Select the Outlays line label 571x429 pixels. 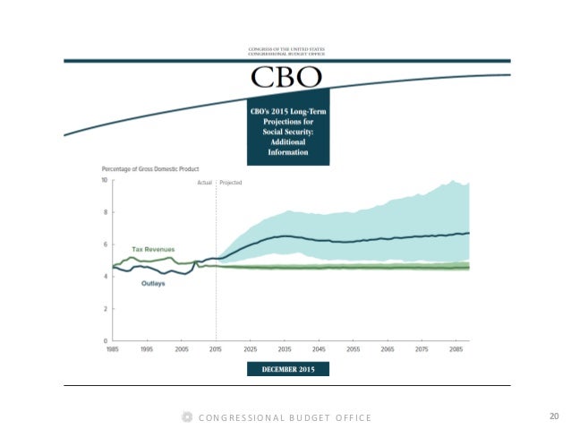click(153, 283)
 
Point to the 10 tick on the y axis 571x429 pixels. click(105, 180)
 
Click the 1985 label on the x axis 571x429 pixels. click(112, 347)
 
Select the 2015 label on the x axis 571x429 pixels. click(216, 347)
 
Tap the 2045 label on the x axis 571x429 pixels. click(320, 347)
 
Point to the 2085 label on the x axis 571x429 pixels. click(457, 347)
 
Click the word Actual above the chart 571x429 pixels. click(204, 182)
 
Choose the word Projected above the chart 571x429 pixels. click(231, 182)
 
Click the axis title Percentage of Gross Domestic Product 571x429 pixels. click(150, 168)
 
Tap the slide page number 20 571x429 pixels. click(553, 416)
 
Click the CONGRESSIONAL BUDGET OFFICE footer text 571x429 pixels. click(285, 417)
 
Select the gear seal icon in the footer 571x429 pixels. click(187, 417)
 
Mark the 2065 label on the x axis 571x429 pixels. click(388, 347)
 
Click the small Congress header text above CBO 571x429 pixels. click(286, 51)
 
